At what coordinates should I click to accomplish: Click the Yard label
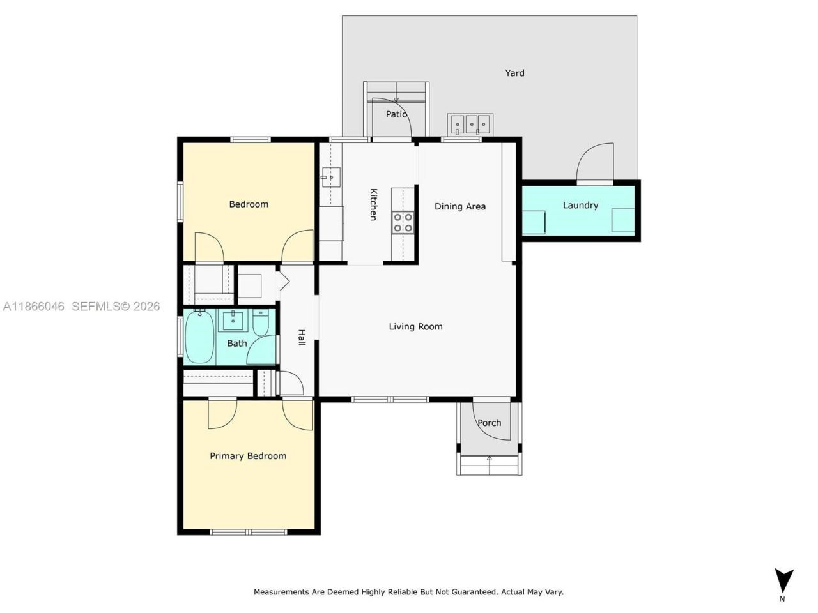514,73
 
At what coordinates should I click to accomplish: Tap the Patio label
396,114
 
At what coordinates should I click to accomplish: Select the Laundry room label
580,205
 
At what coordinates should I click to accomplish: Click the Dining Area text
460,206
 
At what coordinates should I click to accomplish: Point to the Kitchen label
373,204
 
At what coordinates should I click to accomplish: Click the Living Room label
415,326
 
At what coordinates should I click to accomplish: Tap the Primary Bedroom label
248,456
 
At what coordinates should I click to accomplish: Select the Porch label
490,423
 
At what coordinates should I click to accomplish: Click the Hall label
301,338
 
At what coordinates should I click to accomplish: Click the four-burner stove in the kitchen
403,222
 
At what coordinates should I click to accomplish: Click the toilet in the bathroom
260,323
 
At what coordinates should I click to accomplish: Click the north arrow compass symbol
783,580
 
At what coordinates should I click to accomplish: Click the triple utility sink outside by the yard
470,123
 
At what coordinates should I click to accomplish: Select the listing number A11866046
34,306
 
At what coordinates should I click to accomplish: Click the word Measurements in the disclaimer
281,592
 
